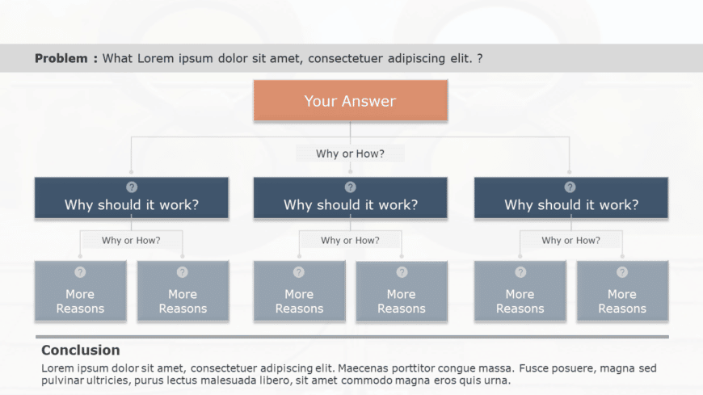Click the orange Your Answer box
(x=350, y=101)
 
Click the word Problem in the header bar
(x=61, y=58)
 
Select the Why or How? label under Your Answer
(x=350, y=153)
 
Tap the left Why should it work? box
(x=131, y=204)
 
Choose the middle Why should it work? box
(x=351, y=204)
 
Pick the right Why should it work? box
(x=570, y=204)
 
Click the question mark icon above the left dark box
(x=132, y=187)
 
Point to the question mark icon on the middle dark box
(x=351, y=187)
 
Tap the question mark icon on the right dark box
(x=570, y=187)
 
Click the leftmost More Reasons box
(x=80, y=296)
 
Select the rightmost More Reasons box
(x=622, y=296)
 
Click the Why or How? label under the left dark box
(x=131, y=240)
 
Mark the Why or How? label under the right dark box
(x=570, y=240)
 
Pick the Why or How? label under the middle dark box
(x=350, y=240)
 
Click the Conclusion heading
(x=80, y=350)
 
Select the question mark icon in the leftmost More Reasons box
(x=80, y=272)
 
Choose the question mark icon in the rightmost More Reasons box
(x=622, y=272)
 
